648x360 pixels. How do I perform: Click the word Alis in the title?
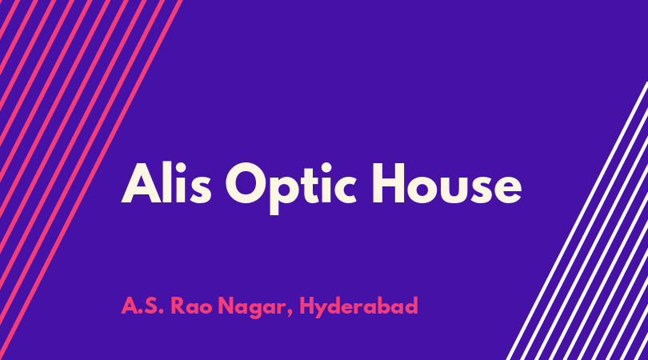coord(166,183)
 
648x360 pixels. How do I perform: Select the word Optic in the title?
coord(291,188)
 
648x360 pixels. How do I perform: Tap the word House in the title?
coord(447,184)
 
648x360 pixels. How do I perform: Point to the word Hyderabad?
coord(358,307)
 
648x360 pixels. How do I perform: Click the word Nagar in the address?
coord(252,307)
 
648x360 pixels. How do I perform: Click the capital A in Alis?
coord(141,183)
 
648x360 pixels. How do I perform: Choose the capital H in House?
coord(389,183)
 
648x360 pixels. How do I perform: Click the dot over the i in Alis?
coord(180,167)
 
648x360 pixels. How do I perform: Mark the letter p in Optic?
coord(285,194)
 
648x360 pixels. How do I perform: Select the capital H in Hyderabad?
coord(307,306)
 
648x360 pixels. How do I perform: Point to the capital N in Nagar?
coord(226,306)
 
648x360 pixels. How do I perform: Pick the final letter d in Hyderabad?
coord(410,306)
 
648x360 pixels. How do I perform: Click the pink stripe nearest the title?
coord(90,180)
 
